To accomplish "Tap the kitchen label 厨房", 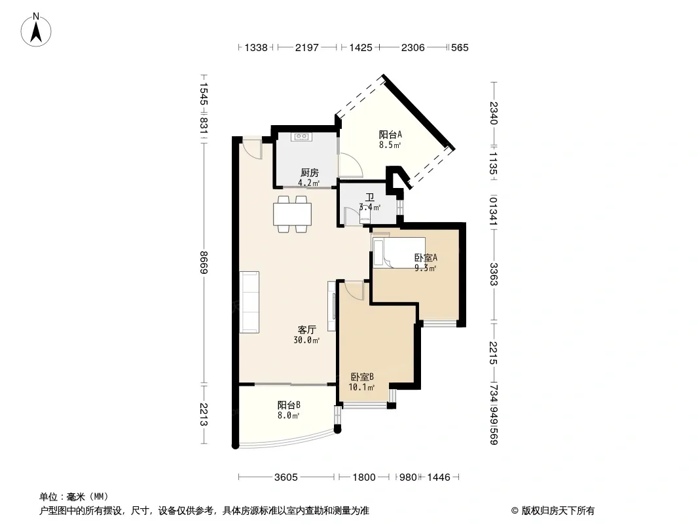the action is coord(309,173).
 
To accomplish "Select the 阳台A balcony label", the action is coord(390,134).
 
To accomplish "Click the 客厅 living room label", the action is coord(306,330).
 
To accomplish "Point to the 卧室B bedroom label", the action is coord(362,377).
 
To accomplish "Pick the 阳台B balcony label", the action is coord(289,405).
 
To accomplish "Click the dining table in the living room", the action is coord(293,214).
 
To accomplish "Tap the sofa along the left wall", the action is coord(249,302).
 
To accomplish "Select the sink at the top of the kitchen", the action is coord(301,137).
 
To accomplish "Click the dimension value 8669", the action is coord(204,263).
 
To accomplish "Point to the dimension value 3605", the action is coord(285,477).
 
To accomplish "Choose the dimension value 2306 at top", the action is coord(413,47).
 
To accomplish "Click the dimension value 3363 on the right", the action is coord(493,274).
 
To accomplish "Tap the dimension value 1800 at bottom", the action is coord(364,477).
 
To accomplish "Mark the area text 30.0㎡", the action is coord(306,341).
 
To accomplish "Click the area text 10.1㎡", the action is coord(361,387).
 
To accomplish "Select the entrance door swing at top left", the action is coord(252,149).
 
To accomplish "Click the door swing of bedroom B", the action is coord(354,290).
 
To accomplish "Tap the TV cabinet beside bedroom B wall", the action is coord(332,306).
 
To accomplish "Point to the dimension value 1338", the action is coord(256,47).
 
